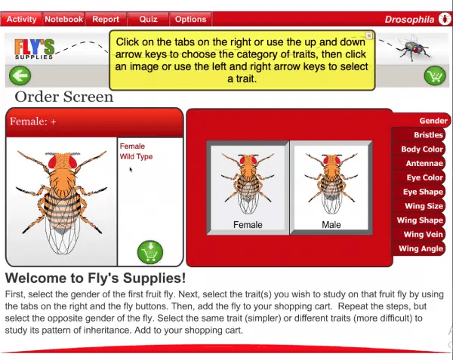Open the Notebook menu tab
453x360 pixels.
(x=64, y=19)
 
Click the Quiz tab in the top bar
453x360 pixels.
(x=148, y=19)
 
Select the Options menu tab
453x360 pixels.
(x=191, y=19)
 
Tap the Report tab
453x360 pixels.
(x=106, y=19)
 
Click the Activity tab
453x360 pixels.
(x=21, y=19)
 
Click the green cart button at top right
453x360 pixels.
(x=435, y=75)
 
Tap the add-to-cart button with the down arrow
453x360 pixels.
(x=150, y=252)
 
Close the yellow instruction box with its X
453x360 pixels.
(x=369, y=35)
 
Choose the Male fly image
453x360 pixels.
(x=331, y=188)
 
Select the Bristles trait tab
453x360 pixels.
(x=418, y=135)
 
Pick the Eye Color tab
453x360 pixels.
(x=418, y=177)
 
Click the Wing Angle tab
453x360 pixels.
(x=418, y=248)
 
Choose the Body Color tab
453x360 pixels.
(x=418, y=149)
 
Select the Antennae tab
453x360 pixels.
(x=418, y=163)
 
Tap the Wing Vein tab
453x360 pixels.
(x=418, y=234)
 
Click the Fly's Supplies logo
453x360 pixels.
(x=35, y=49)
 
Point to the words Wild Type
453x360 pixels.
(x=136, y=157)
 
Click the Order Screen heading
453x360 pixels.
(x=64, y=97)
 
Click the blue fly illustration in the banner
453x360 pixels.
(x=412, y=47)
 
